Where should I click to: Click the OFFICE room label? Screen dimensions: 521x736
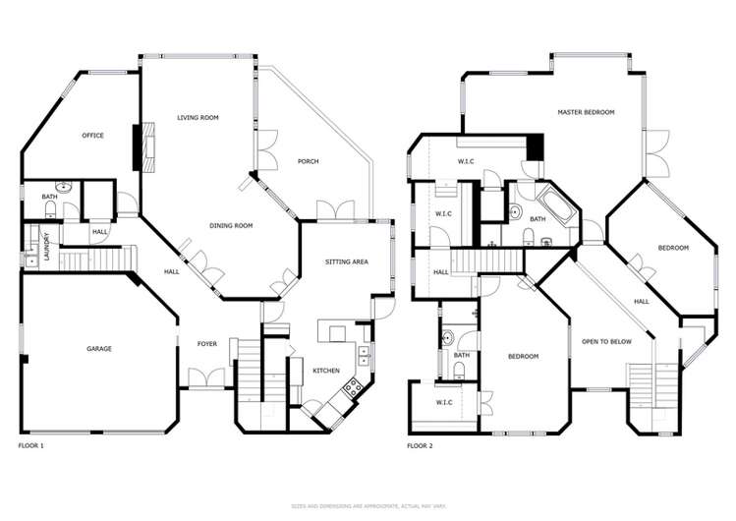[93, 136]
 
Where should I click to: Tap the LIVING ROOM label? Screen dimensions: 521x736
[198, 118]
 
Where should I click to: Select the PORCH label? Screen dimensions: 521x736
[308, 161]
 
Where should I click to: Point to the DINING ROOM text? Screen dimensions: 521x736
[231, 226]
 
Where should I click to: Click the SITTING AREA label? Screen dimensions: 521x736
[346, 262]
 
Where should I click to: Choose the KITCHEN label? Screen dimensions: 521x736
[326, 371]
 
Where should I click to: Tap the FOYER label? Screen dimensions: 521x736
[207, 344]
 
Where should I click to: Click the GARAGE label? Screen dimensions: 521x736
[98, 349]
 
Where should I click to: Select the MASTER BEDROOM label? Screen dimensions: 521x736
[586, 113]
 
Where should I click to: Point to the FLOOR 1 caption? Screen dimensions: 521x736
[31, 445]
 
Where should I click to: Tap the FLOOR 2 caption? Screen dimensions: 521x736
[420, 445]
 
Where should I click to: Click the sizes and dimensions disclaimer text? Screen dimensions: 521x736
[368, 505]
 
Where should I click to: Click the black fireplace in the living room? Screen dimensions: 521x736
[140, 145]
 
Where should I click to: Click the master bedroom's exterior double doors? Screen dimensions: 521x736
[651, 145]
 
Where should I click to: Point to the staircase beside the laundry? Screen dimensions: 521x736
[94, 260]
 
